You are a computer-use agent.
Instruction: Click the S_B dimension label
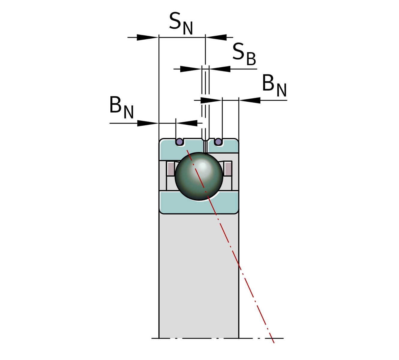point(244,54)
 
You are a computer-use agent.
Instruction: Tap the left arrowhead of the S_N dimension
point(147,37)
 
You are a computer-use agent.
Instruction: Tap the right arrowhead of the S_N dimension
point(216,37)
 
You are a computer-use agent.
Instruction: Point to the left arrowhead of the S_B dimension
point(190,69)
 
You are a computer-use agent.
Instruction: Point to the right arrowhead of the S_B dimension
point(220,69)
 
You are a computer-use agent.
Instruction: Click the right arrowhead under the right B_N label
point(250,100)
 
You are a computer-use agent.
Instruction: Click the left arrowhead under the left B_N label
point(147,123)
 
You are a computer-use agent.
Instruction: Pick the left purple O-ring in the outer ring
point(179,142)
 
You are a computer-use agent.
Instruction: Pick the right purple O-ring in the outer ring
point(218,142)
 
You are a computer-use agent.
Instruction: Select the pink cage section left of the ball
point(171,169)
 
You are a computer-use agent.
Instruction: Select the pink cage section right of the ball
point(228,169)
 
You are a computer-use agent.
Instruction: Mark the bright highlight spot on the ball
point(203,165)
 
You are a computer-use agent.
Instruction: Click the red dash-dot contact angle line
point(240,267)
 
